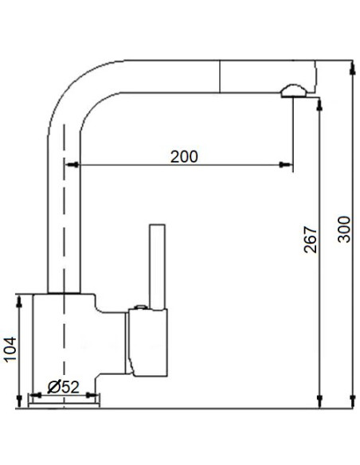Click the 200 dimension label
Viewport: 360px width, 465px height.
click(184, 156)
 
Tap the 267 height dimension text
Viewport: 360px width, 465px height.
click(311, 238)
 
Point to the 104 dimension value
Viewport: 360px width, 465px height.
click(9, 349)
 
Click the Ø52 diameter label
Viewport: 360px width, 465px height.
click(63, 387)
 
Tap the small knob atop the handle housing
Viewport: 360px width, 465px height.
click(140, 307)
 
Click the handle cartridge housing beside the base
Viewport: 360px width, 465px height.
click(150, 342)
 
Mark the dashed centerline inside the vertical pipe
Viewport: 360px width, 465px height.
click(62, 239)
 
